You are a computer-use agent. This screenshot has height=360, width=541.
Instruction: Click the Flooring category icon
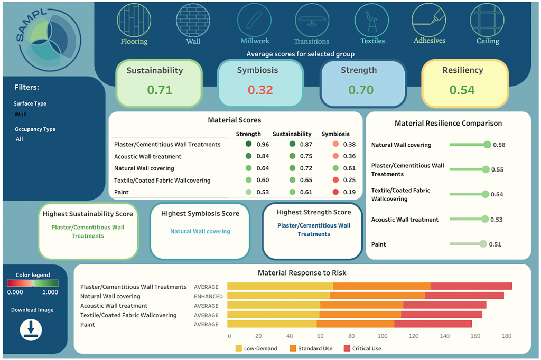(134, 20)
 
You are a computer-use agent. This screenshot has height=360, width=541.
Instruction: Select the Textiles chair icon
(372, 20)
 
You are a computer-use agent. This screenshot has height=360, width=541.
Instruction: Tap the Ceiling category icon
(487, 20)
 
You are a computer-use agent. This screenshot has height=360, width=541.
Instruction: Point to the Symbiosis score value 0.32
(260, 90)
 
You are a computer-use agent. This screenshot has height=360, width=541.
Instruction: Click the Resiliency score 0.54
(462, 90)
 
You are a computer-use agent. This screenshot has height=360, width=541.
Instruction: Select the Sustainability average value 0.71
(160, 90)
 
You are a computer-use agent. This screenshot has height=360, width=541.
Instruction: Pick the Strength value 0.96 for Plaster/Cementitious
(263, 145)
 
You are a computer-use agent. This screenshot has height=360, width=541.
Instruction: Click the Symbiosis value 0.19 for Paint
(349, 192)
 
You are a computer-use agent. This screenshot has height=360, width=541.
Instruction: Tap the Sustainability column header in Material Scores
(292, 134)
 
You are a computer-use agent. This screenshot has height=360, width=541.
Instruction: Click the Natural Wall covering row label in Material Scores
(144, 168)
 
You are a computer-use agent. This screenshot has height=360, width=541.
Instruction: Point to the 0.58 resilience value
(499, 145)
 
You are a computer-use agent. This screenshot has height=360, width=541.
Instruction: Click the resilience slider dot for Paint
(482, 244)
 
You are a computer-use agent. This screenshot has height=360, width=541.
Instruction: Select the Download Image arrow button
(31, 329)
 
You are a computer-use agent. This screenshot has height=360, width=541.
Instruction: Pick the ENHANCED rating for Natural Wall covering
(206, 296)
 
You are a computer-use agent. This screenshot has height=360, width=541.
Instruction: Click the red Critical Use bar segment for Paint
(433, 324)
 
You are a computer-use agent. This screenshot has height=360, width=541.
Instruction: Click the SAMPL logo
(48, 37)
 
